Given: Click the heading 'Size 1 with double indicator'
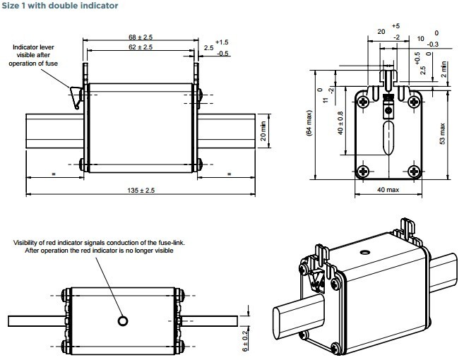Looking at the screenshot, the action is click(x=60, y=6).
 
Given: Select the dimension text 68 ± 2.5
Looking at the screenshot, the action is click(x=141, y=37).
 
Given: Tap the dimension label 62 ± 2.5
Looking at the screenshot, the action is click(x=141, y=47).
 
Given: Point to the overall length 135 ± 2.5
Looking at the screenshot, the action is click(x=141, y=191).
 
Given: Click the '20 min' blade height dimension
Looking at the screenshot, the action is click(x=263, y=131).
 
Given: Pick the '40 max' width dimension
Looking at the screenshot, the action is click(x=388, y=190).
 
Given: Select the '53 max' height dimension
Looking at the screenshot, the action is click(x=442, y=133).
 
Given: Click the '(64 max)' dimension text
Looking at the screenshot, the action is click(x=309, y=123).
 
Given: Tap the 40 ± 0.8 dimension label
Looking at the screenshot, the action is click(x=340, y=123).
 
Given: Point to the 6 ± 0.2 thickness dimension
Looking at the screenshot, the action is click(x=244, y=341).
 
